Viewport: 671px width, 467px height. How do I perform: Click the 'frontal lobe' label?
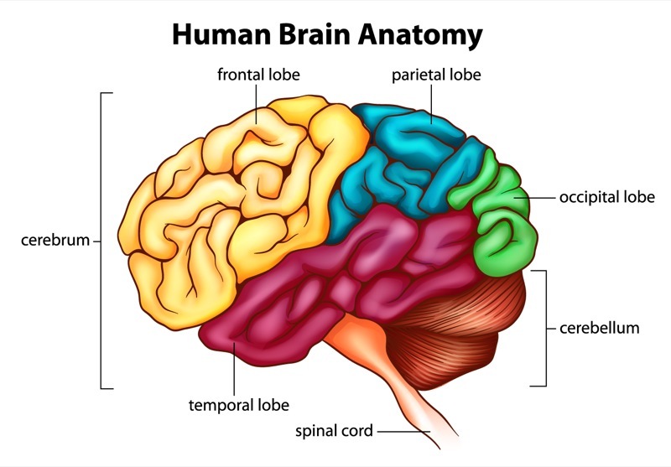coord(258,75)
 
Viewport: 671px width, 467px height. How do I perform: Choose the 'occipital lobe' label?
coord(607,198)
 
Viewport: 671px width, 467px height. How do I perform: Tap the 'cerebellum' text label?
coord(599,328)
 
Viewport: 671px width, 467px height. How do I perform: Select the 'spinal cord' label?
coord(333,432)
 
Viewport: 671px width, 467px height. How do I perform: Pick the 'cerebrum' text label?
coord(55,241)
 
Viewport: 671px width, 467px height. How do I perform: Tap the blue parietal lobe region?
coord(411,159)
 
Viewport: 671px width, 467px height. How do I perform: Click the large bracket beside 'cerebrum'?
coord(101,241)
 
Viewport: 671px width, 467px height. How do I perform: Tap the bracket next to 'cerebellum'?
coord(546,327)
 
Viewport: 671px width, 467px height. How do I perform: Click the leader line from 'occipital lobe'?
coord(541,198)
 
